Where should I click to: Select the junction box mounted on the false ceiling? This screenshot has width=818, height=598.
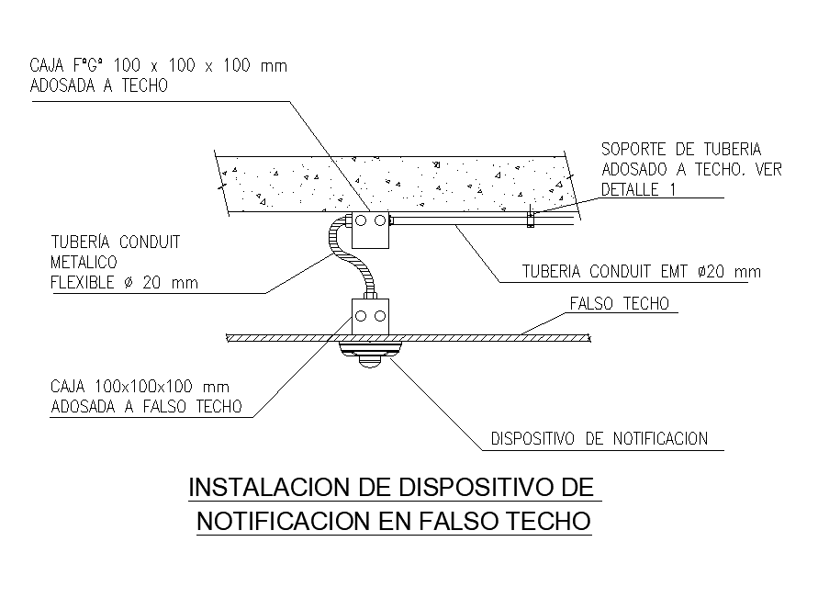(371, 318)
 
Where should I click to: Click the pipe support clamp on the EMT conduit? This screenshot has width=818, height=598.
(531, 219)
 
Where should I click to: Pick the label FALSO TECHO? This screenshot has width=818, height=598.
(620, 304)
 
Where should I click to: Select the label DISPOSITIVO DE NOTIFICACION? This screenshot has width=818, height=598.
(599, 439)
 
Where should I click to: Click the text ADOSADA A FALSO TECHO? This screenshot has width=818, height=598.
(147, 407)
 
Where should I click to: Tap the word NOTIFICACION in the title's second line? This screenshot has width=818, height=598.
(284, 522)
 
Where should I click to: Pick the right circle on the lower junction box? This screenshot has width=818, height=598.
(379, 316)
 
